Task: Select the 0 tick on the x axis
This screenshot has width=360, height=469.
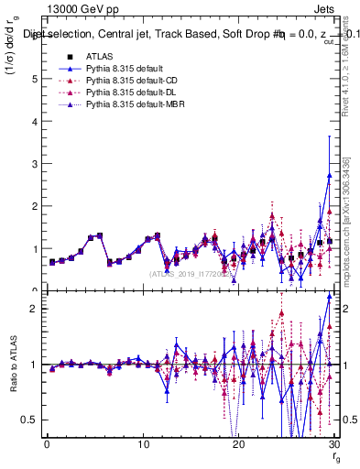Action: pos(47,445)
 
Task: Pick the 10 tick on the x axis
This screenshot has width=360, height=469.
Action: pos(142,445)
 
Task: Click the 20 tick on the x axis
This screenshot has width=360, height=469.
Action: pos(237,445)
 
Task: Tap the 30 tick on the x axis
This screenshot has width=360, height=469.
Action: pos(332,445)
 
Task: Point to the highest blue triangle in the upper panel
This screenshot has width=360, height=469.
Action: pos(329,175)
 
